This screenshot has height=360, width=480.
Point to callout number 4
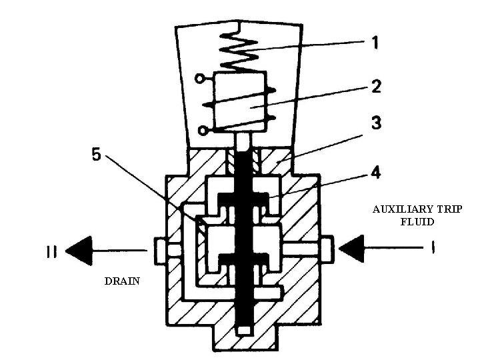click(x=375, y=173)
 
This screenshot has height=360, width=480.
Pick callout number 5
click(x=97, y=156)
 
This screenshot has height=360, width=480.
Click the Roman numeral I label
click(x=432, y=249)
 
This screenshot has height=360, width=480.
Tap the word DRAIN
click(x=122, y=281)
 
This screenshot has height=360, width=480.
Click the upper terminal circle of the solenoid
click(x=199, y=79)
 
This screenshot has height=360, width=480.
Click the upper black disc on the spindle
click(x=244, y=197)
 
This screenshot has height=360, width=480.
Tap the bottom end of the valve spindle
click(x=245, y=329)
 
